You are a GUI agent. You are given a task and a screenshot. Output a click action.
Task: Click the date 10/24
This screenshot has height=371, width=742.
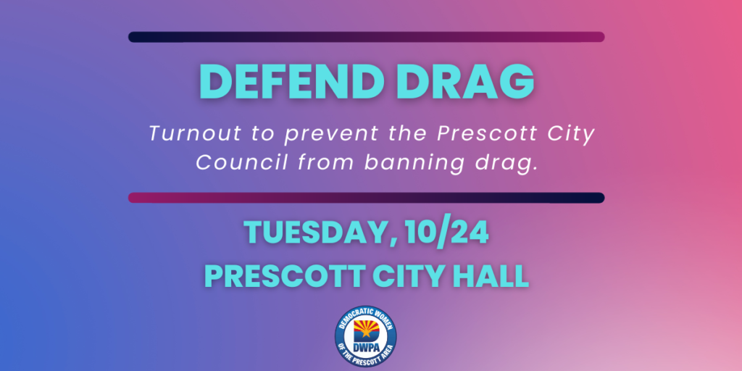(446, 233)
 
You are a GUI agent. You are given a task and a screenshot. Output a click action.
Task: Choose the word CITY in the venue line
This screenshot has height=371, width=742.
(407, 276)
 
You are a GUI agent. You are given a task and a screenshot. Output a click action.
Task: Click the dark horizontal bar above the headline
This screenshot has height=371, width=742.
(366, 37)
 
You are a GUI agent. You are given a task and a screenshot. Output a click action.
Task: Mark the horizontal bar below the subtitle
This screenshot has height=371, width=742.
(366, 198)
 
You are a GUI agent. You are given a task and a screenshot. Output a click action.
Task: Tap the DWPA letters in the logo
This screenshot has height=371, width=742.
(365, 348)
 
